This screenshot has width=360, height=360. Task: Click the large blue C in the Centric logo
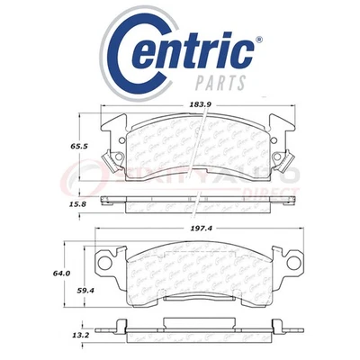click(x=132, y=53)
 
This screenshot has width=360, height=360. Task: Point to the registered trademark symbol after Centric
click(x=260, y=40)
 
